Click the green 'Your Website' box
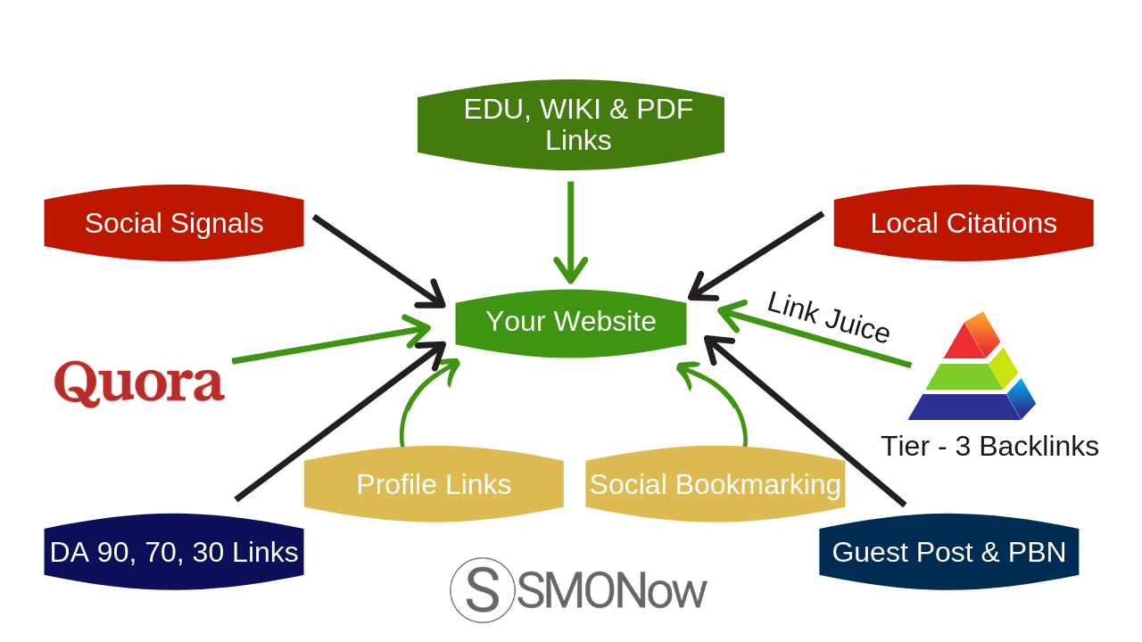pos(571,322)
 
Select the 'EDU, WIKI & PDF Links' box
pos(571,124)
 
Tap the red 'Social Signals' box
pos(174,223)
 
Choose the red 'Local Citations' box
pos(964,223)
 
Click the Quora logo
pos(139,383)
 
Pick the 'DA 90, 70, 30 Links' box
pos(174,552)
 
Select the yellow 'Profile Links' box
pos(434,484)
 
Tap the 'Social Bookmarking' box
pos(715,484)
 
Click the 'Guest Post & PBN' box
pos(948,552)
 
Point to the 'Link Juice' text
pos(828,317)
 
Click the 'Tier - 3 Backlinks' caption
pos(989,446)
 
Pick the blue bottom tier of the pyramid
pos(964,407)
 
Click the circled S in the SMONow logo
pos(483,590)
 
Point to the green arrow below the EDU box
pos(570,232)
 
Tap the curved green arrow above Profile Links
pos(418,397)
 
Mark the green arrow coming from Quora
pos(330,344)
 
